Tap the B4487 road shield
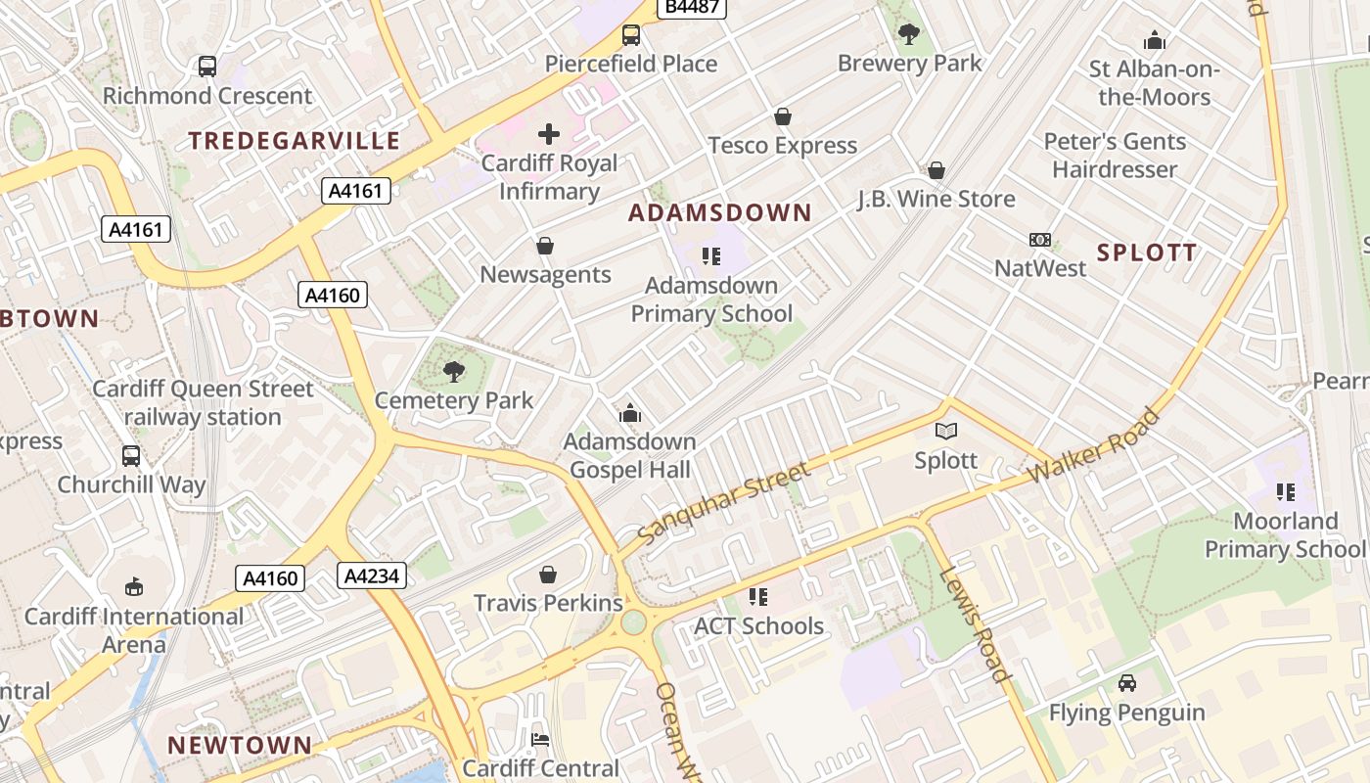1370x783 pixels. [693, 7]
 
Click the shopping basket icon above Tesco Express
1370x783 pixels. [783, 117]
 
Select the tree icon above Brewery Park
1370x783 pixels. [909, 34]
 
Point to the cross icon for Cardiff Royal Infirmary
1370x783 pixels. [549, 133]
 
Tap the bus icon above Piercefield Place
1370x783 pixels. [631, 36]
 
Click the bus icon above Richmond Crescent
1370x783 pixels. [207, 67]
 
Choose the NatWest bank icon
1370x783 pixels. [1040, 240]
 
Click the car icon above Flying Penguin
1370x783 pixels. [1127, 683]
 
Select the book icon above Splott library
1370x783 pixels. [946, 431]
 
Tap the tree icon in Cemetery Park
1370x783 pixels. [454, 371]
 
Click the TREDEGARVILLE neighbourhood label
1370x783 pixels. [295, 141]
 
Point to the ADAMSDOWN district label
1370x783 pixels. [720, 213]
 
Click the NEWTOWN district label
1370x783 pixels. [240, 745]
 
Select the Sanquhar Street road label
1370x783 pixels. [724, 504]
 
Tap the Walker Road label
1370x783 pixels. [1094, 446]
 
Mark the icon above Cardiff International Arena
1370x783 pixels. [134, 587]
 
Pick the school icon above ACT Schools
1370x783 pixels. [758, 596]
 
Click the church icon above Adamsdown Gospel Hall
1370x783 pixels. [630, 414]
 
